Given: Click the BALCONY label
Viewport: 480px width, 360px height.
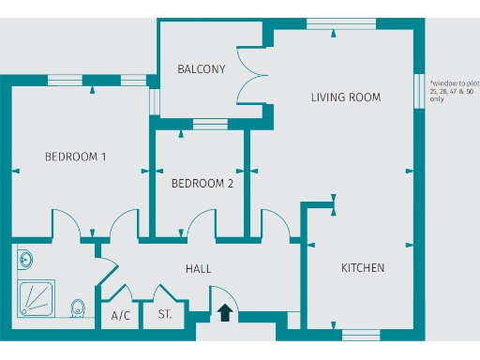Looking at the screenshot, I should [202, 69].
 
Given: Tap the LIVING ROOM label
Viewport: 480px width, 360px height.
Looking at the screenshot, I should [346, 97].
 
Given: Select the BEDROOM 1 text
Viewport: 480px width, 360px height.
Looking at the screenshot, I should [75, 157].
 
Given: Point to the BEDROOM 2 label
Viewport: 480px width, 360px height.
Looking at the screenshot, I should [202, 184].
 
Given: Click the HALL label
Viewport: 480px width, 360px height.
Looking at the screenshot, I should [198, 269].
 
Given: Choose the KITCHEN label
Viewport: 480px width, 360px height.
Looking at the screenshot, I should [362, 268].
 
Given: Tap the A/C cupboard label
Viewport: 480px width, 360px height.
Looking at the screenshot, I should [121, 316].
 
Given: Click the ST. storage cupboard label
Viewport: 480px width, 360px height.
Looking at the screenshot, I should [165, 316].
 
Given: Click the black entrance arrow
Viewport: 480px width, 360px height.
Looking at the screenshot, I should [225, 312].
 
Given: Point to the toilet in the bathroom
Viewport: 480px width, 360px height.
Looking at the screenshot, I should [79, 307].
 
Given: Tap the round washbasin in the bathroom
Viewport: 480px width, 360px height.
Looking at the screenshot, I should [23, 258].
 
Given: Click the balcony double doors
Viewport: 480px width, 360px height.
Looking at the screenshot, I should [251, 74].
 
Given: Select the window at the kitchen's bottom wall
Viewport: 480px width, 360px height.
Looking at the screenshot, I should [361, 334].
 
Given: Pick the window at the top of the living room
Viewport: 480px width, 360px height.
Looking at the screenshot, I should [335, 23].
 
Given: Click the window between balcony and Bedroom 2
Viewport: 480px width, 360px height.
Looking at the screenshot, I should [210, 123].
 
